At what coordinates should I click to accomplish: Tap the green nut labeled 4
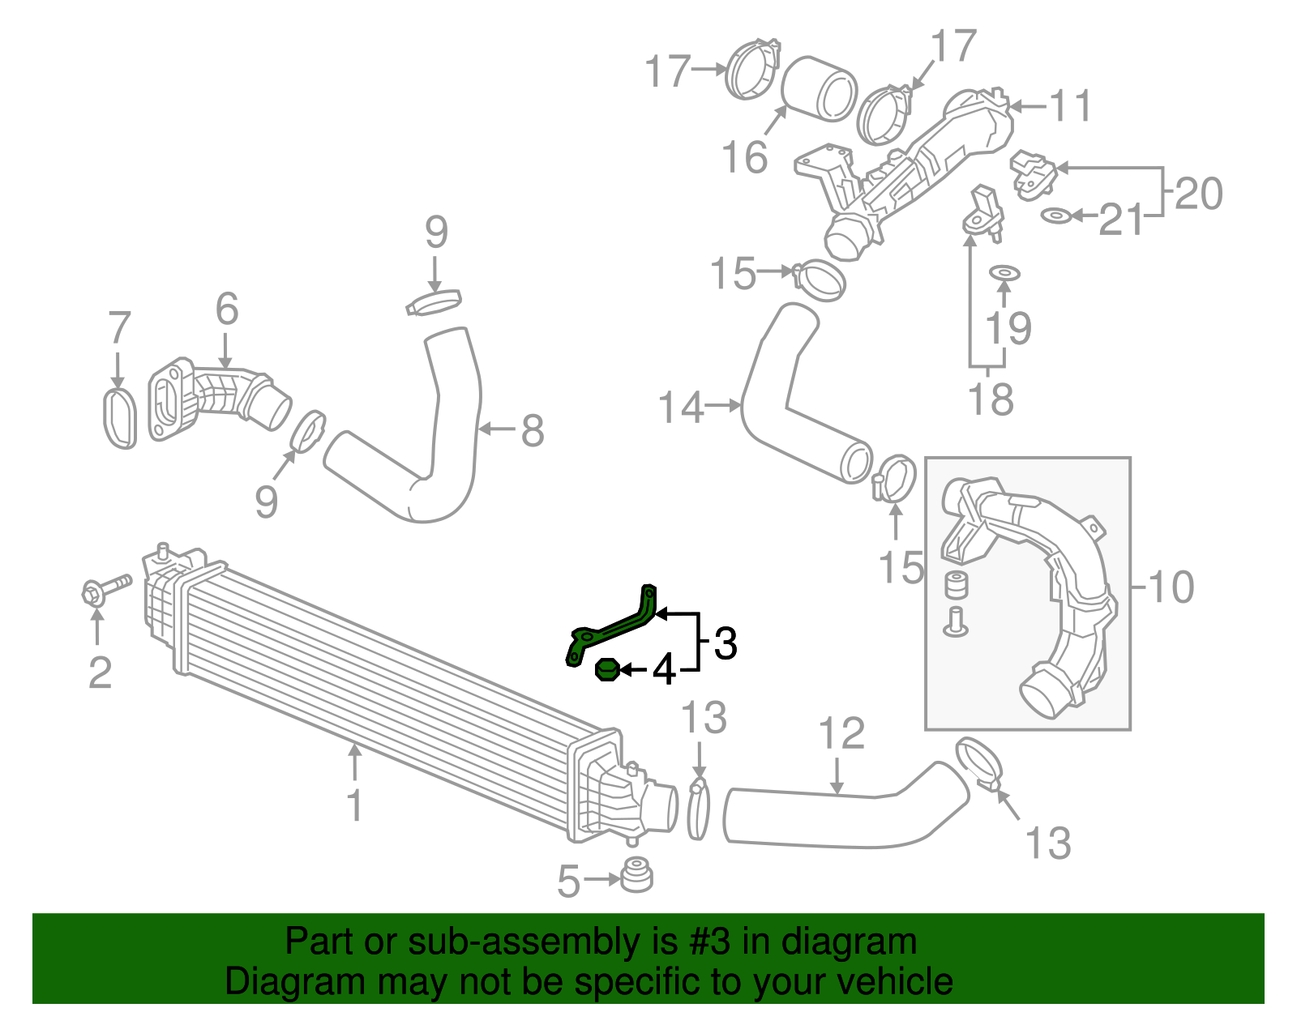(607, 670)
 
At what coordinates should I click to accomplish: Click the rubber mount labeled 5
(636, 875)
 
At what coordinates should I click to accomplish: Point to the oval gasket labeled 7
(120, 418)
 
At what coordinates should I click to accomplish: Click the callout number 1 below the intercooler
(354, 805)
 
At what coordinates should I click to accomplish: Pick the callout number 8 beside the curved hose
(532, 430)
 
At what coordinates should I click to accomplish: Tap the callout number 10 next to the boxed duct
(1171, 587)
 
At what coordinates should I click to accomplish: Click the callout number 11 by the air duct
(1070, 106)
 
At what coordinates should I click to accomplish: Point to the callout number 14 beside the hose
(681, 407)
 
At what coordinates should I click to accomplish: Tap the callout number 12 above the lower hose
(841, 733)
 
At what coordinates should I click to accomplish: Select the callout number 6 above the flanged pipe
(227, 309)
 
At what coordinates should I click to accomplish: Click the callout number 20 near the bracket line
(1198, 194)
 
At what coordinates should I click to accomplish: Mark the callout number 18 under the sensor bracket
(991, 399)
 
